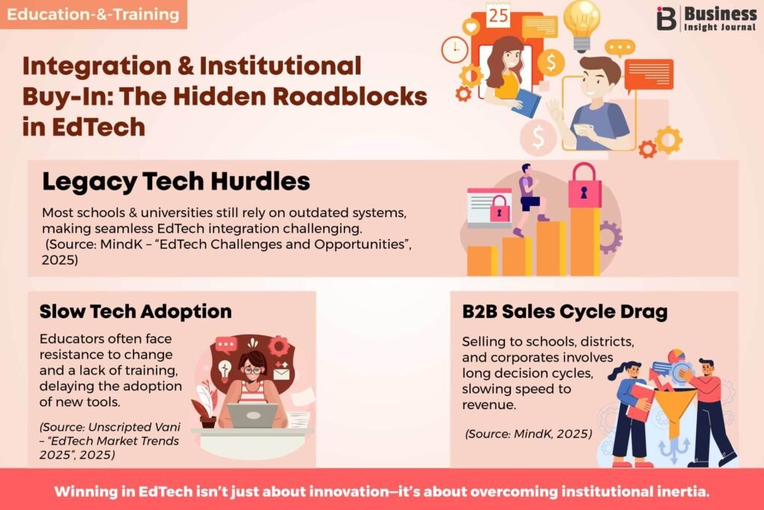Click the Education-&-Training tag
pyautogui.click(x=93, y=14)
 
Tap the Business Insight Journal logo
pyautogui.click(x=706, y=19)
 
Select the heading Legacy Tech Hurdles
pyautogui.click(x=176, y=181)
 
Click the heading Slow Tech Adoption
pyautogui.click(x=136, y=311)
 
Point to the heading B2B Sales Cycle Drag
pyautogui.click(x=565, y=311)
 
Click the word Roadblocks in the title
pyautogui.click(x=349, y=96)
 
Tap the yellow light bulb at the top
pyautogui.click(x=581, y=25)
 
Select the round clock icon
pyautogui.click(x=454, y=49)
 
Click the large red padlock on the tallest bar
pyautogui.click(x=584, y=186)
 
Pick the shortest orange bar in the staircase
pyautogui.click(x=482, y=261)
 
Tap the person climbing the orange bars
pyautogui.click(x=530, y=199)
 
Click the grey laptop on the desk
pyautogui.click(x=252, y=415)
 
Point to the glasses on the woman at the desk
pyautogui.click(x=252, y=370)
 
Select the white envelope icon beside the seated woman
pyautogui.click(x=281, y=374)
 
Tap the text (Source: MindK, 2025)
pyautogui.click(x=529, y=434)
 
